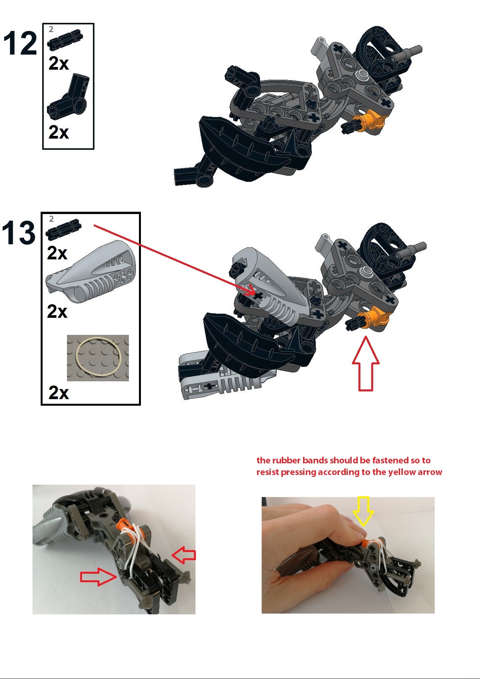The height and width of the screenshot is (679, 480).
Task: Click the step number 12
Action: (20, 43)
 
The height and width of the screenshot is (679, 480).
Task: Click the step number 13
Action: (19, 233)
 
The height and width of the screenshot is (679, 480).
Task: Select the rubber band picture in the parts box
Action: (98, 358)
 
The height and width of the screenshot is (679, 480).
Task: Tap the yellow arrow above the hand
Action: (363, 511)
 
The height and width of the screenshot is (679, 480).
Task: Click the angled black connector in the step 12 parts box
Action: (69, 97)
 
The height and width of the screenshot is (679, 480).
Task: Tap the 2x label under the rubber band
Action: (59, 393)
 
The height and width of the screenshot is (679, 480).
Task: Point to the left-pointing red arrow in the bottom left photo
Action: (184, 556)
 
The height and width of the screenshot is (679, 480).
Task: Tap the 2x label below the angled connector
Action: (59, 132)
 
